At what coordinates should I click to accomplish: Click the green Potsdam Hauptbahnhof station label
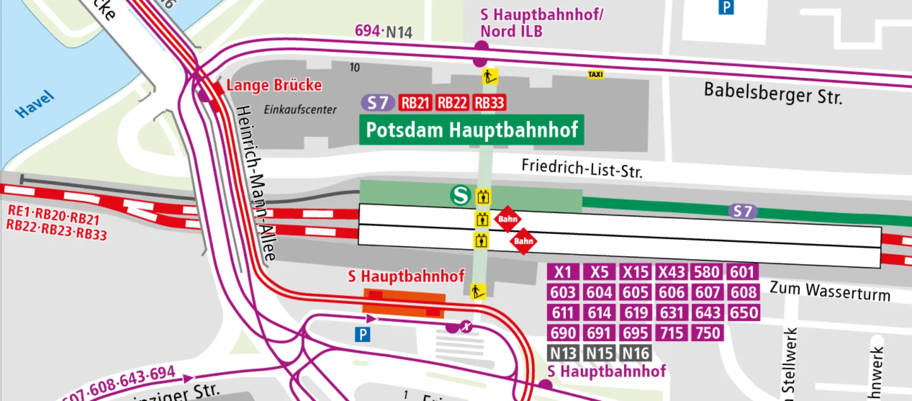471,130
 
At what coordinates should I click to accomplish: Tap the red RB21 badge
415,103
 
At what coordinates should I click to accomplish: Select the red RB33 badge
489,103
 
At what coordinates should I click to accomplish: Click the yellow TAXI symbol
595,75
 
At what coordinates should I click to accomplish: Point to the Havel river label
34,104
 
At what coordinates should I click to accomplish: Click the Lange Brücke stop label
274,85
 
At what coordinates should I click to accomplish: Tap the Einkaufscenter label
300,110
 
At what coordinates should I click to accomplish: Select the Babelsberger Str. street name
773,93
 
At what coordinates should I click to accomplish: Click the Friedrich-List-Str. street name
582,168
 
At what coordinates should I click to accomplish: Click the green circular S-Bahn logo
461,195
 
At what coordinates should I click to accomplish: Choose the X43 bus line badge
671,272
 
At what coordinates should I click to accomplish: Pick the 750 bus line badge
708,333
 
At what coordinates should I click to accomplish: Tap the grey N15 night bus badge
599,353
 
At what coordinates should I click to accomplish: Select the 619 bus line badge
635,313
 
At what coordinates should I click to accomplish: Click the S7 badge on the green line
743,211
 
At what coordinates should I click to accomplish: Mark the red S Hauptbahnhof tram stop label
406,276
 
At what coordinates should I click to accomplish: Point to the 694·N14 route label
384,31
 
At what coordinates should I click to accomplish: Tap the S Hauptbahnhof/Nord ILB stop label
541,23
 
